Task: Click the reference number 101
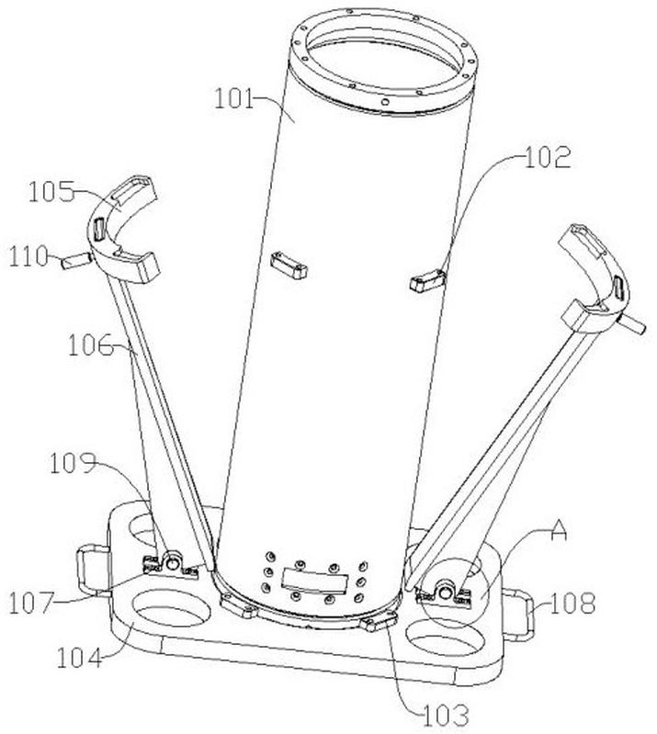click(x=233, y=99)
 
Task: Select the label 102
click(x=548, y=157)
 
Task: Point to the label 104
click(x=79, y=658)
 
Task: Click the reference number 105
click(x=51, y=192)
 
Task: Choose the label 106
click(x=91, y=345)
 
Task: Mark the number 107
click(x=32, y=604)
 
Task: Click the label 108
click(x=572, y=604)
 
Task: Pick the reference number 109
click(x=74, y=463)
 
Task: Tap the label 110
click(x=29, y=256)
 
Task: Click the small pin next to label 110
click(x=75, y=260)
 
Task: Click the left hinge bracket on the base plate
click(x=171, y=564)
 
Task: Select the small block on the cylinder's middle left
click(x=289, y=265)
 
